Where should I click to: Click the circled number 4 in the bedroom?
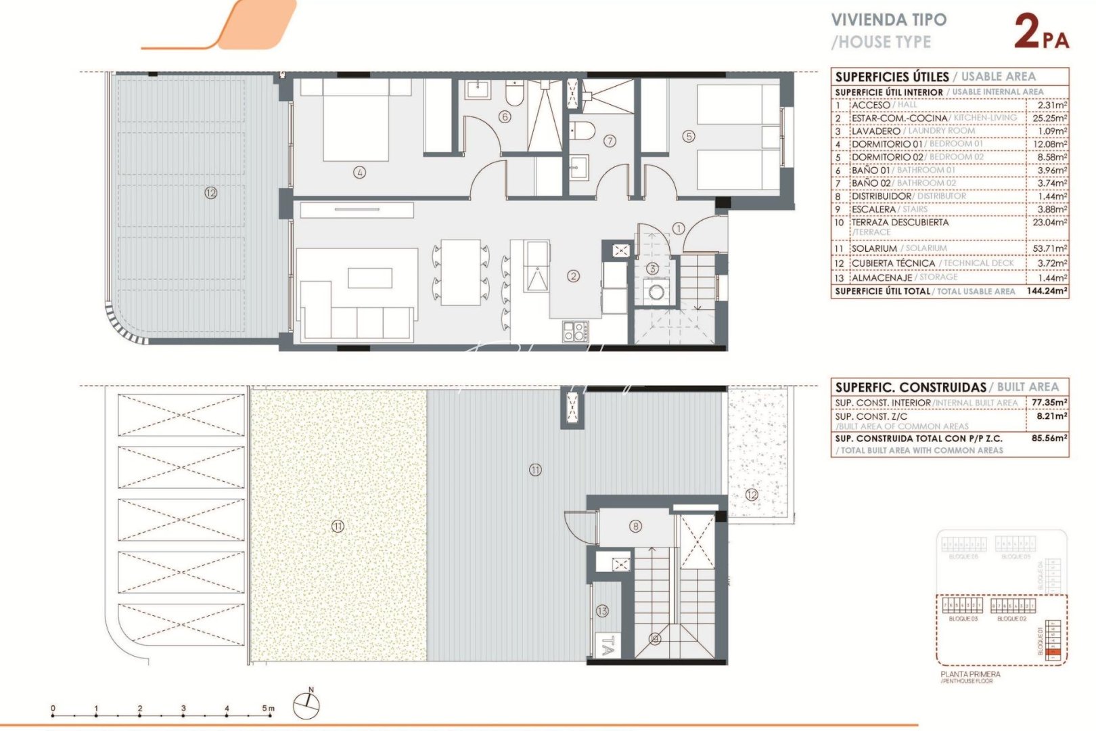coord(359,173)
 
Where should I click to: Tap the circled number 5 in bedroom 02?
coord(689,136)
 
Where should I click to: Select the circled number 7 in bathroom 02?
coord(610,141)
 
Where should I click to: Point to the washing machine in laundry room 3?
coord(655,293)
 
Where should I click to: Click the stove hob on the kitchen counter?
coord(574,331)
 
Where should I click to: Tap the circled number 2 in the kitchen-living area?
coord(574,275)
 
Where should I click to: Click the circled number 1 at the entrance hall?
coord(679,229)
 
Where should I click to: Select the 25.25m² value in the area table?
coord(1052,118)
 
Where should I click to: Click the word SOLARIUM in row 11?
coord(874,248)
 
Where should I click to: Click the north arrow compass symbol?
coord(306,705)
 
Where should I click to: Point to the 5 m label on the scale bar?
coord(269,709)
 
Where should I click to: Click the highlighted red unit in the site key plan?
coord(1051,653)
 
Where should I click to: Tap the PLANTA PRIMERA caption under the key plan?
coord(970,674)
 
